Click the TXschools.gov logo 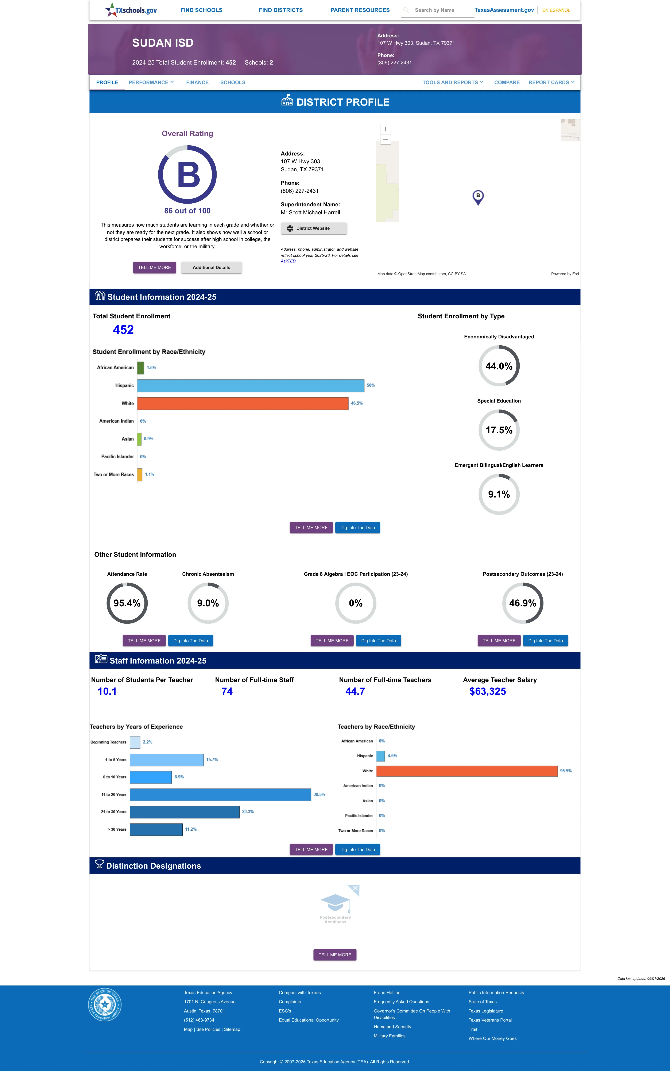pos(131,10)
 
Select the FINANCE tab pos(197,82)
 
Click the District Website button pos(314,228)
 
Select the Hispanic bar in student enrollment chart pos(251,385)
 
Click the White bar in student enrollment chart pos(243,403)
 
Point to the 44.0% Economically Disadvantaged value pos(499,366)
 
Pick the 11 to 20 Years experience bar pos(220,795)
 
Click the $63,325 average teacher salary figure pos(487,691)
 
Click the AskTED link pos(288,261)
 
